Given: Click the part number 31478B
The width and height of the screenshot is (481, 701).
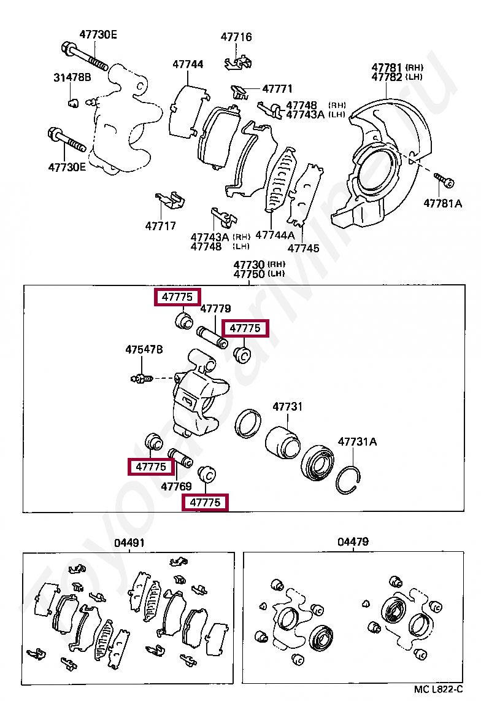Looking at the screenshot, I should point(72,77).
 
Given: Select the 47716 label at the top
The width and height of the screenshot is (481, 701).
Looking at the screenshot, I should point(236,37).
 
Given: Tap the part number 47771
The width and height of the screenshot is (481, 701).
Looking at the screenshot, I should point(277,89).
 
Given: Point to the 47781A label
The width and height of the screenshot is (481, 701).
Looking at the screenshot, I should point(442,203).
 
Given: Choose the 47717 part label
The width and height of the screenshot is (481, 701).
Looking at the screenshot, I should point(161,226).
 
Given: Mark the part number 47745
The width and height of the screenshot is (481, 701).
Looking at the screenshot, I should point(304,249).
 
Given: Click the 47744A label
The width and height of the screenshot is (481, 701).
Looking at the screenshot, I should point(275,235).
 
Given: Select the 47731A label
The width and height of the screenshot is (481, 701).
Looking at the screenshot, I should point(358,441).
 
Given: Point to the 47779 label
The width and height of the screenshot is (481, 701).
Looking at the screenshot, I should point(215,308).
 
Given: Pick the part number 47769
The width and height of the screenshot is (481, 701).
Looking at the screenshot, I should point(177,486).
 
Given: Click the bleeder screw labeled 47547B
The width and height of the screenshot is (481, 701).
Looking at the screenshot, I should point(141,379).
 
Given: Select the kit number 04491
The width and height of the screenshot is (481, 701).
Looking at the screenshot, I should point(129,543).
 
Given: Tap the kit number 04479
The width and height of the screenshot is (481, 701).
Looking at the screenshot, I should point(353,542).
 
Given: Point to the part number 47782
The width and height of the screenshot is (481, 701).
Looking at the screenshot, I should point(387,77).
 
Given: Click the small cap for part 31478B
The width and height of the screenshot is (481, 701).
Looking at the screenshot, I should point(72,101).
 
